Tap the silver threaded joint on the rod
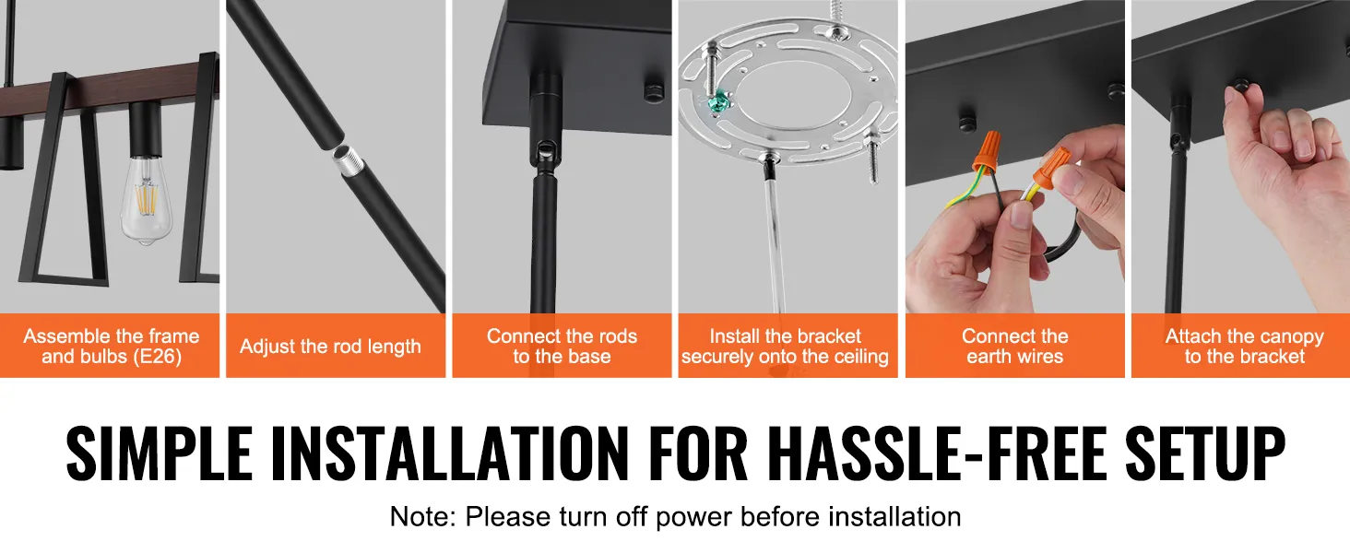tap(349, 160)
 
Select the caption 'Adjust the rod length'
tap(330, 347)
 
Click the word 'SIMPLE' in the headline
tap(160, 453)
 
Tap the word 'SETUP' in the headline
tap(1204, 453)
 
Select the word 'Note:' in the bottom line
tap(423, 517)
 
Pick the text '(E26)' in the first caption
tap(158, 357)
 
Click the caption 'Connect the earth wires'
tap(1015, 346)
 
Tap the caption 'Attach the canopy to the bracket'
tap(1244, 346)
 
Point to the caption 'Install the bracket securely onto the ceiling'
tap(785, 346)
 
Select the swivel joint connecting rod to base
tap(545, 149)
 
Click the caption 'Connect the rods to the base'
tap(562, 346)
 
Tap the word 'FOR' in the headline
tap(698, 453)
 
